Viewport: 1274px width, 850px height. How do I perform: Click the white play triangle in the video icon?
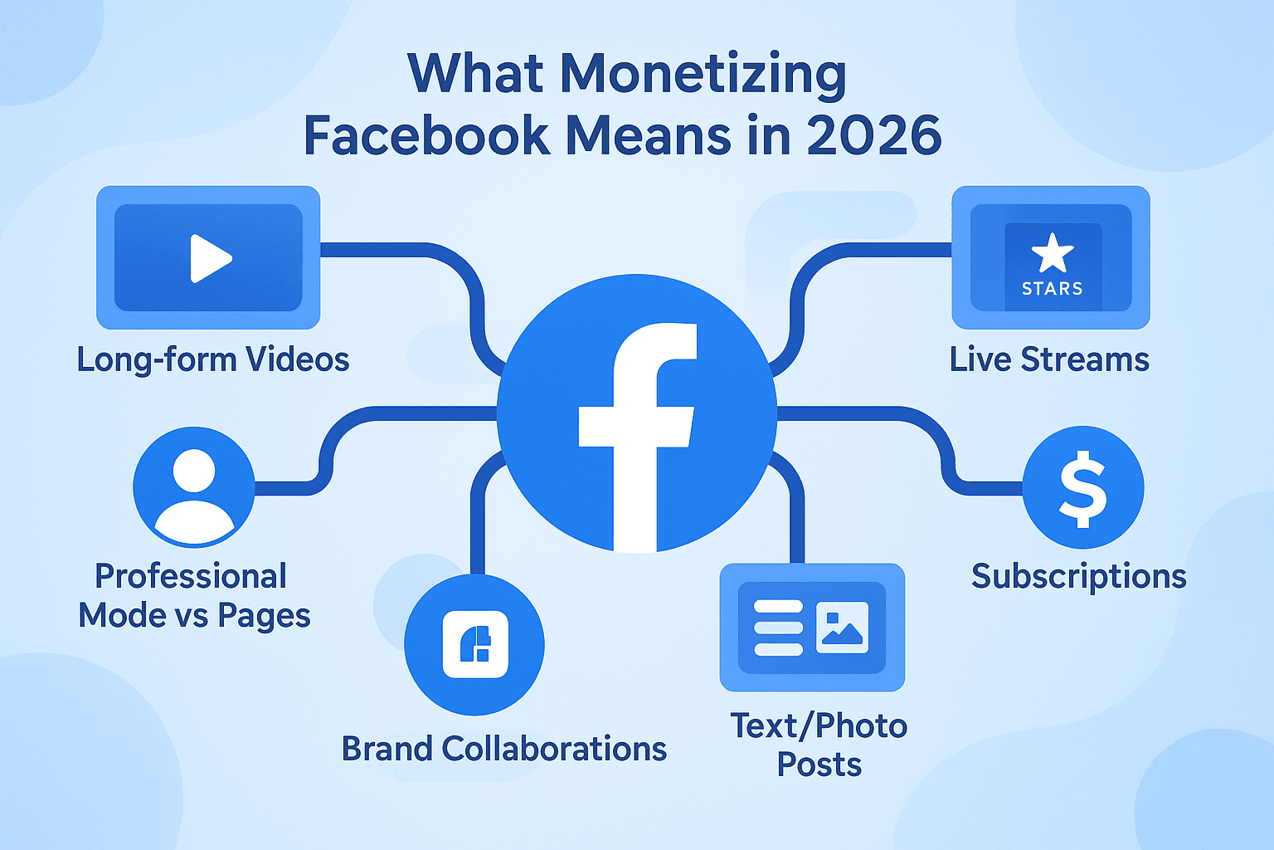(x=210, y=258)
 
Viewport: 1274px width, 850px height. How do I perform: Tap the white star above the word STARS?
(x=1053, y=253)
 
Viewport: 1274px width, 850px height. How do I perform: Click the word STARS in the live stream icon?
(x=1053, y=289)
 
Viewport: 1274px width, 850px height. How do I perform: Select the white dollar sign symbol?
(x=1083, y=489)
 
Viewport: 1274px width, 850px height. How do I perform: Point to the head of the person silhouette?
(x=194, y=471)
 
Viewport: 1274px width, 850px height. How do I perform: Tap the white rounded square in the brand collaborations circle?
(x=475, y=644)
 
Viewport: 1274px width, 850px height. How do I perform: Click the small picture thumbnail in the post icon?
(x=843, y=627)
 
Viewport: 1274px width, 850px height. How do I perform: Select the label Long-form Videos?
(x=212, y=359)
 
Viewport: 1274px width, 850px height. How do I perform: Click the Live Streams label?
(x=1049, y=359)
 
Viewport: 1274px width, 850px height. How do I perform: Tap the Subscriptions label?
(x=1079, y=577)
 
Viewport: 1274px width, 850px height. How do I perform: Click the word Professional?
(x=191, y=576)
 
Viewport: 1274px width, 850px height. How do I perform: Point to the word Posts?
(x=819, y=765)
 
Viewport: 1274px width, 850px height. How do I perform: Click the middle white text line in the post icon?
(x=779, y=628)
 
